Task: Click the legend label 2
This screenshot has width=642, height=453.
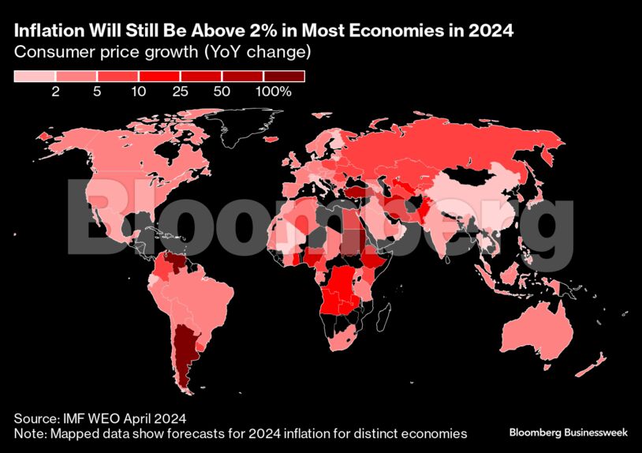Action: click(x=56, y=92)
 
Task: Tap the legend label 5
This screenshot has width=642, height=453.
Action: click(x=97, y=92)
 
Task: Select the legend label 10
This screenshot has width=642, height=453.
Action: click(x=139, y=92)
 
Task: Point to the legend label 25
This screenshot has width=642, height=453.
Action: click(x=180, y=92)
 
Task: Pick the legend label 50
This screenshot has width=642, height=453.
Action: click(x=222, y=92)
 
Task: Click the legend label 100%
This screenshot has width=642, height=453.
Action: click(x=274, y=92)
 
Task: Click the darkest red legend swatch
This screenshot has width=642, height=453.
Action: click(x=284, y=76)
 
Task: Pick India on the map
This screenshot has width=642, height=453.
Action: click(x=446, y=229)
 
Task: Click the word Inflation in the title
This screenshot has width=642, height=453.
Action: click(x=45, y=32)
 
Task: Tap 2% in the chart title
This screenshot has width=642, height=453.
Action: click(x=260, y=32)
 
